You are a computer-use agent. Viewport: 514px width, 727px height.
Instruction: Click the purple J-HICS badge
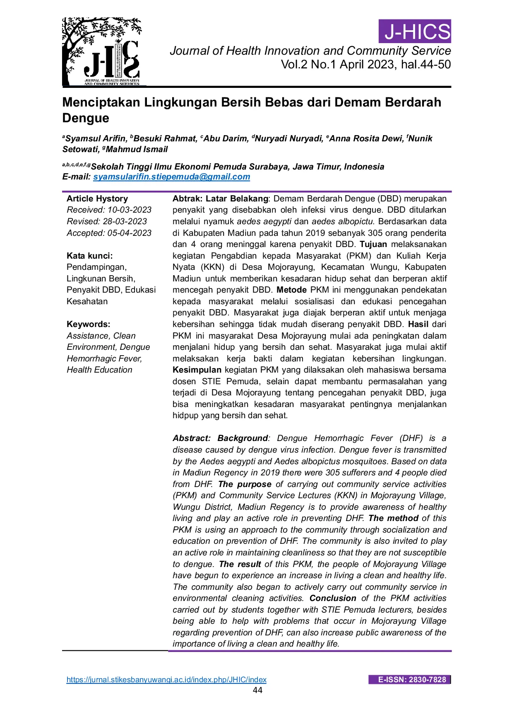pyautogui.click(x=415, y=32)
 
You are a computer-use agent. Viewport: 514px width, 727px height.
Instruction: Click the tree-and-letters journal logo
pyautogui.click(x=102, y=52)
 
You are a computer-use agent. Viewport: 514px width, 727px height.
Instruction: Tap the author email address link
pyautogui.click(x=171, y=177)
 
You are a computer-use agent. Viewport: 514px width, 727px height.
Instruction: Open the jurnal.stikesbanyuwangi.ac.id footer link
pyautogui.click(x=166, y=680)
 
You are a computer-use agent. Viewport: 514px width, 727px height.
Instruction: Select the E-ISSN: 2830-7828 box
pyautogui.click(x=410, y=680)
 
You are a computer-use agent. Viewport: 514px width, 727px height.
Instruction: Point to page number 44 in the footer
pyautogui.click(x=257, y=690)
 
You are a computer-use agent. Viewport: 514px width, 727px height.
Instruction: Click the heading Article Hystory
pyautogui.click(x=97, y=199)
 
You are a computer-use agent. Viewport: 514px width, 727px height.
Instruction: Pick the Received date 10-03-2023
pyautogui.click(x=130, y=210)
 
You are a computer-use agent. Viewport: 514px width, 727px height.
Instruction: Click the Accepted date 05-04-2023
pyautogui.click(x=130, y=233)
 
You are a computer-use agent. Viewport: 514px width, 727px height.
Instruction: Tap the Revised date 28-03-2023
pyautogui.click(x=125, y=221)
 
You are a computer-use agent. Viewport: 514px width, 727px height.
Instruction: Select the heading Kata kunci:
pyautogui.click(x=89, y=256)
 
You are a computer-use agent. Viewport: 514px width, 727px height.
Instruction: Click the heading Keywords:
pyautogui.click(x=88, y=324)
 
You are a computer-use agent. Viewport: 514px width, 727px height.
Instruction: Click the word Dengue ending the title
pyautogui.click(x=86, y=118)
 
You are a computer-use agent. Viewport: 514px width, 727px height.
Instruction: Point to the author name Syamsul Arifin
pyautogui.click(x=96, y=138)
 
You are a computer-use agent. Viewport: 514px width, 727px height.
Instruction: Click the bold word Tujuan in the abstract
pyautogui.click(x=373, y=244)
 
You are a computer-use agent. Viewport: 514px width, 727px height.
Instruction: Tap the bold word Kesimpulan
pyautogui.click(x=197, y=370)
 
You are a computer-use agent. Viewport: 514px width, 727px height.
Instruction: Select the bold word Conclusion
pyautogui.click(x=333, y=598)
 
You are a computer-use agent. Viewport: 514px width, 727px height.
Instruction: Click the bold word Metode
pyautogui.click(x=292, y=290)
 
